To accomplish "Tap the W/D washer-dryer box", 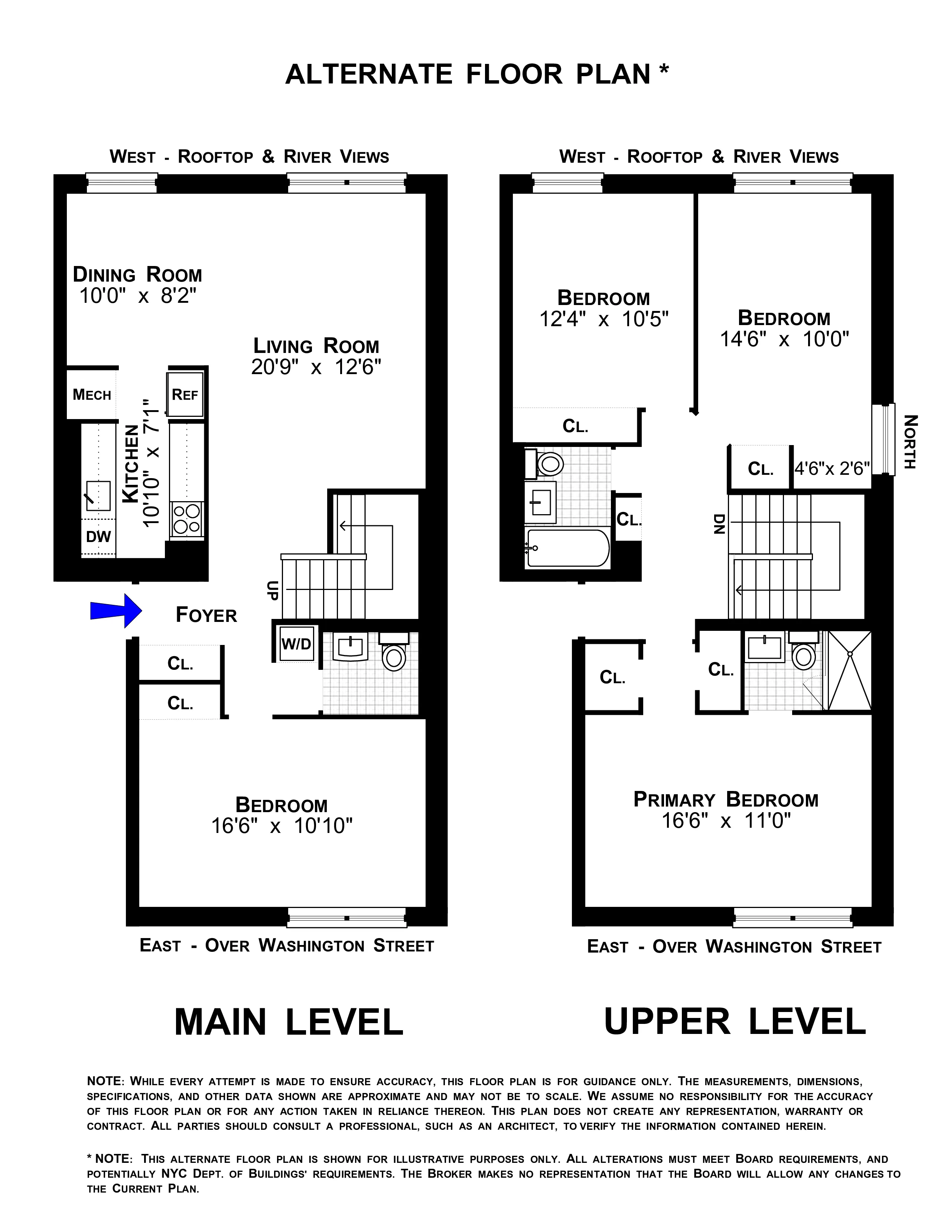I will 296,643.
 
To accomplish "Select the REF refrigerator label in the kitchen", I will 185,395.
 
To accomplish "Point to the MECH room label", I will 92,395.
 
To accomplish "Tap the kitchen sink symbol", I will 98,496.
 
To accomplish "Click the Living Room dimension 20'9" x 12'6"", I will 316,367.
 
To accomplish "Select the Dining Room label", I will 137,275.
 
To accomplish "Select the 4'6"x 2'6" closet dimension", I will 832,468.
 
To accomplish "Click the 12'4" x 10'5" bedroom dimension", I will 603,319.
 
